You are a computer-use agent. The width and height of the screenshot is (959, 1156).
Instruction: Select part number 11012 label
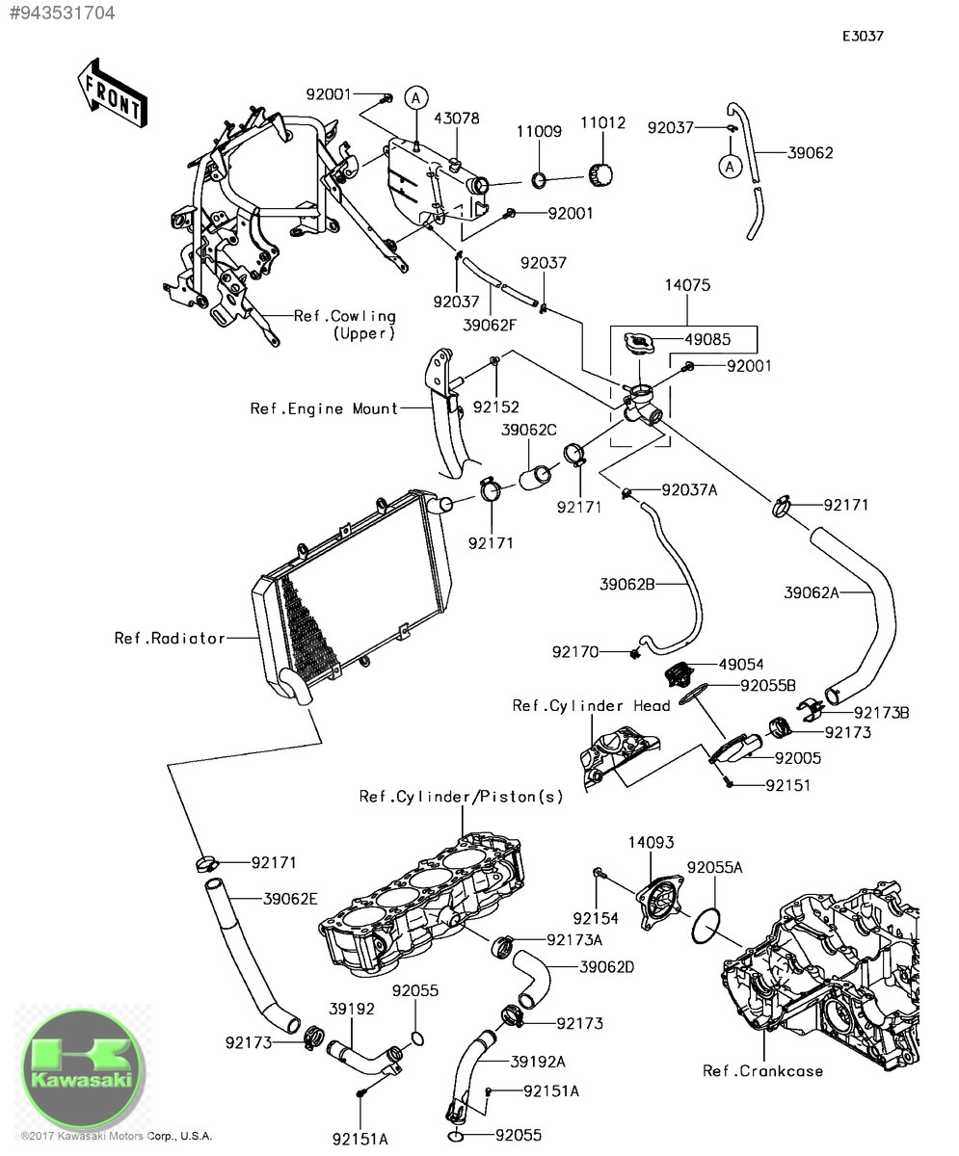[602, 123]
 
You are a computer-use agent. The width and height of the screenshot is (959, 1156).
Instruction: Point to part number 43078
[457, 118]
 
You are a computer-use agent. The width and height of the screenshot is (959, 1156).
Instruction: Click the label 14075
[687, 285]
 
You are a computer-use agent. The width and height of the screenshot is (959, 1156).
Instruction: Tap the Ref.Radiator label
[170, 638]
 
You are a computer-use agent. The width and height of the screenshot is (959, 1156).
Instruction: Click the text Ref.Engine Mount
[324, 408]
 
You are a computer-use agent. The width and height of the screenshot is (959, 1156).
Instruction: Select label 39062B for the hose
[627, 584]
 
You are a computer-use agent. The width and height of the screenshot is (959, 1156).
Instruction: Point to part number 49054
[739, 665]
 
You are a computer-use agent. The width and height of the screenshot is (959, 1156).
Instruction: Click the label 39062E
[290, 899]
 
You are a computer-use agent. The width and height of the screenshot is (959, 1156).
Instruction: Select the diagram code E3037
[863, 37]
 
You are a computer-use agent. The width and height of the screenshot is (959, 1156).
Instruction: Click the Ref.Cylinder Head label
[591, 706]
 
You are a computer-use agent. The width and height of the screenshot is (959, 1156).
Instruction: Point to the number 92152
[494, 407]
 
